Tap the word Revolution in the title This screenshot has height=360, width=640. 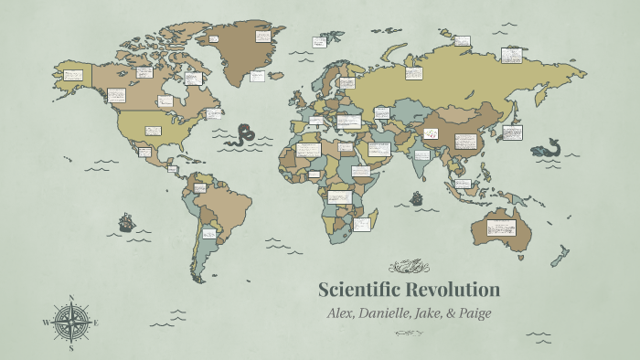pyautogui.click(x=457, y=291)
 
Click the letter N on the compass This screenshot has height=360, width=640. pyautogui.click(x=71, y=297)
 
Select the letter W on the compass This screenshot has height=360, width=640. pyautogui.click(x=45, y=323)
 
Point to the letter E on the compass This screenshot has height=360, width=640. pyautogui.click(x=96, y=323)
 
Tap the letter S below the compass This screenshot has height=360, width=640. pyautogui.click(x=71, y=348)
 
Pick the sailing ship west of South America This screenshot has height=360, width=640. pyautogui.click(x=126, y=221)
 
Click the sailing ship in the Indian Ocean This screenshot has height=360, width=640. pyautogui.click(x=417, y=197)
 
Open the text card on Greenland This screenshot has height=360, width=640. pyautogui.click(x=263, y=37)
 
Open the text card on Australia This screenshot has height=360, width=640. pyautogui.click(x=502, y=228)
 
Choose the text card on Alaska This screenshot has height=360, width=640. pyautogui.click(x=73, y=74)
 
